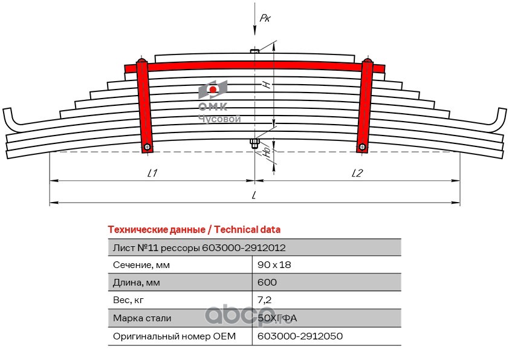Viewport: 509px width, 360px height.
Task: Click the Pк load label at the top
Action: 265,19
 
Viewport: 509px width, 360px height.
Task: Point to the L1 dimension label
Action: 152,174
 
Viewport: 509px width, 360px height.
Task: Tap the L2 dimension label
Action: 357,174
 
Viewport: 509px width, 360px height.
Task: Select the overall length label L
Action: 254,195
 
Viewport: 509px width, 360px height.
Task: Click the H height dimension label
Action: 265,85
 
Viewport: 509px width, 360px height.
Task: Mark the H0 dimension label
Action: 267,154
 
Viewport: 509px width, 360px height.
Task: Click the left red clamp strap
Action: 144,103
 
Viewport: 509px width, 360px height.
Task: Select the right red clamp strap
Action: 365,103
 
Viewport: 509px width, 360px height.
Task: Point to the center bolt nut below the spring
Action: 254,143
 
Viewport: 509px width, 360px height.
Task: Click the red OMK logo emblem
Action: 213,90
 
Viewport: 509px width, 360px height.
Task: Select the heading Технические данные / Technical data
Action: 193,230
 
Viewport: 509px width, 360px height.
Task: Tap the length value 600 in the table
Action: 267,283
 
